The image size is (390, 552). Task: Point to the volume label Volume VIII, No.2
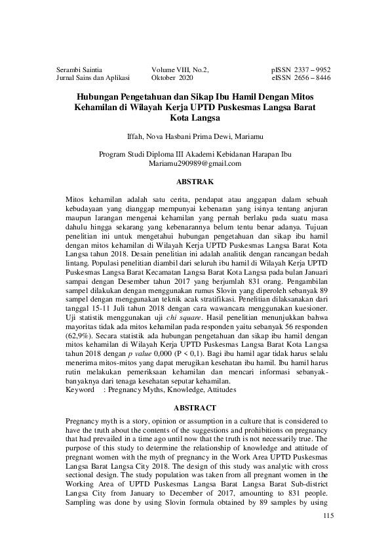180,68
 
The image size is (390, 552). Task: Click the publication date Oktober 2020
172,77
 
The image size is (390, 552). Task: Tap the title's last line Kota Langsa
195,118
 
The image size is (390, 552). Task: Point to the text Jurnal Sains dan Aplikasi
94,77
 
